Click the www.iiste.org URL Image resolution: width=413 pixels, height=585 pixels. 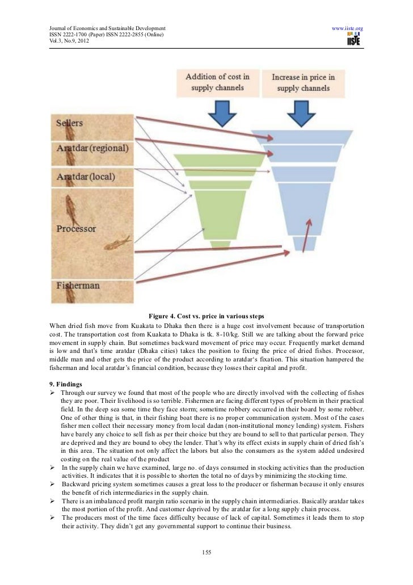click(347, 28)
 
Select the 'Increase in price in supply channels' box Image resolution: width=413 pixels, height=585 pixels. click(303, 82)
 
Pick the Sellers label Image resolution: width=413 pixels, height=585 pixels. click(70, 123)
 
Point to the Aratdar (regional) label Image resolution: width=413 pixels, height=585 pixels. click(92, 148)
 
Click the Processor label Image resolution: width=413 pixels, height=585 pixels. click(76, 229)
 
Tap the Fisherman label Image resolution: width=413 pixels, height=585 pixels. click(78, 285)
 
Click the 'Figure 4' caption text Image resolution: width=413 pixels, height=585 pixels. click(206, 315)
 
